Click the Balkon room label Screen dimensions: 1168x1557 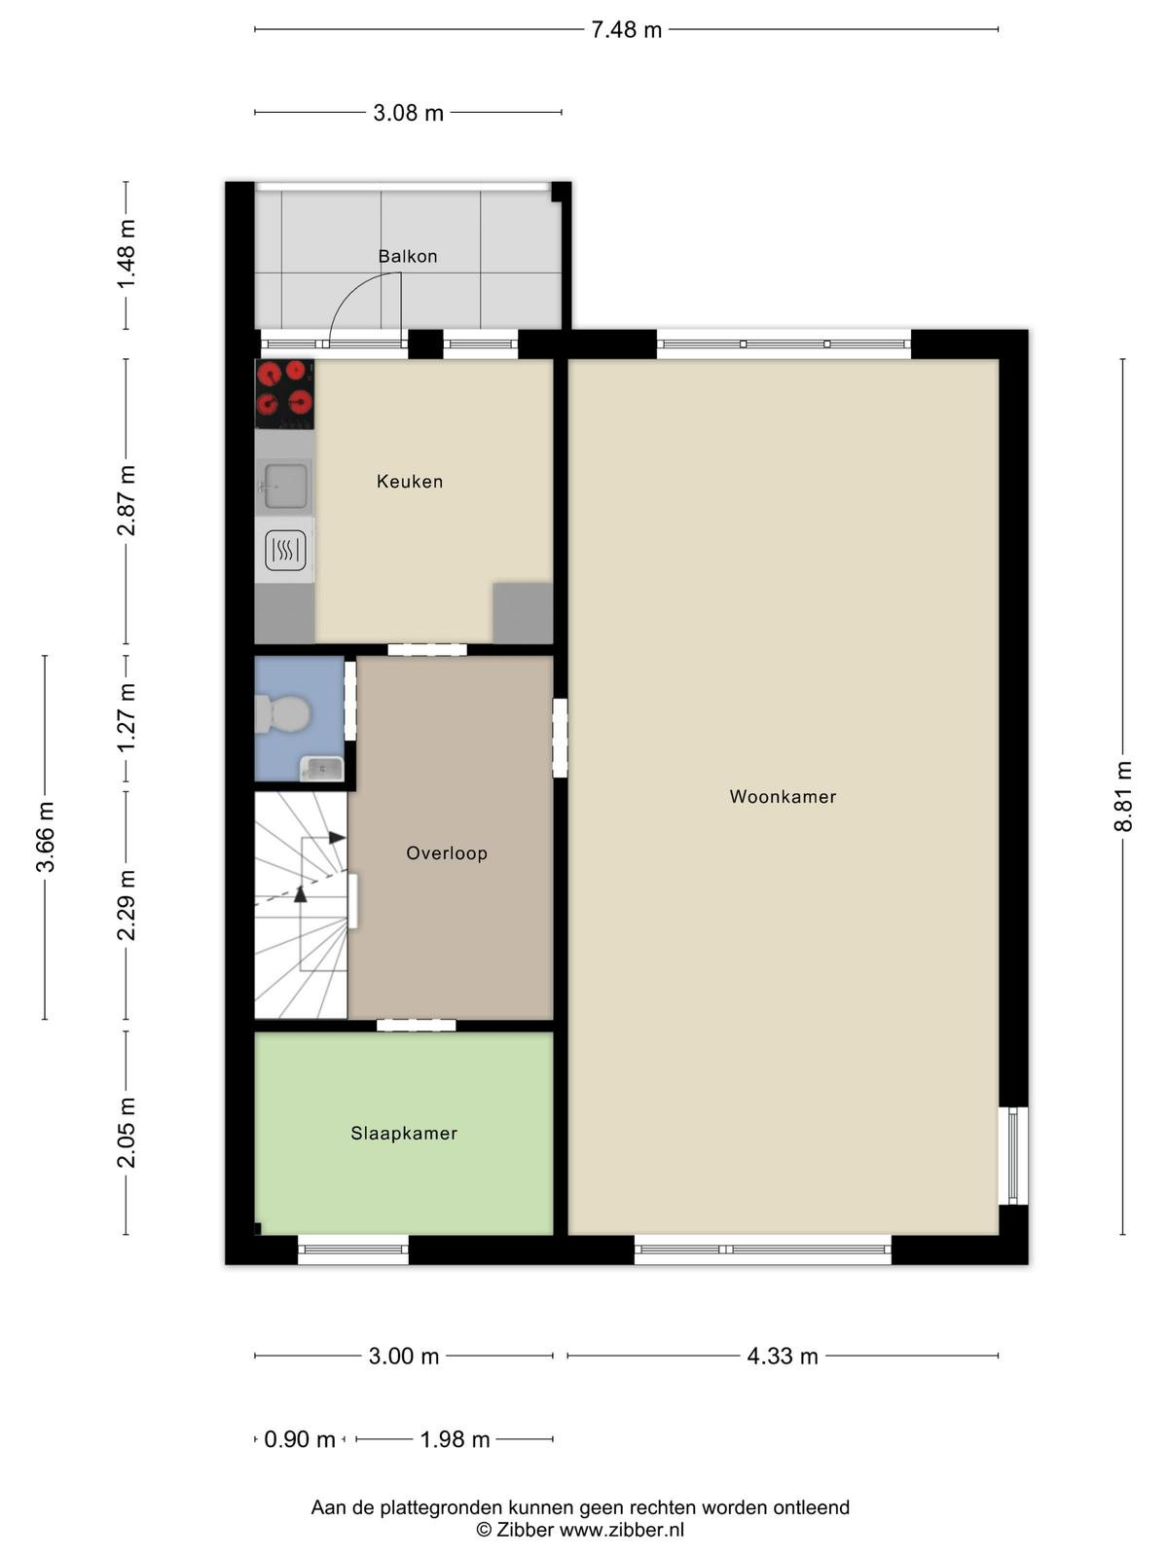coord(407,256)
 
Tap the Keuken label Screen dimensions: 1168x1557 coord(409,482)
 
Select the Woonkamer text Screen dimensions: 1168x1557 coord(783,797)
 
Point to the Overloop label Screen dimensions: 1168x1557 coord(447,853)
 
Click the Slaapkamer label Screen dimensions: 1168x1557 coord(404,1134)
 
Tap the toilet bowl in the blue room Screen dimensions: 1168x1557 coord(283,713)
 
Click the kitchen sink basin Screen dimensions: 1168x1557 coord(286,486)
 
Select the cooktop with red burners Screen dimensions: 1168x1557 coord(284,394)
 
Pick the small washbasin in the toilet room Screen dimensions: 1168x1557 coord(322,768)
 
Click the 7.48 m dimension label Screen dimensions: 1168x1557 coord(626,30)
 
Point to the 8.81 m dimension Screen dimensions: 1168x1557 coord(1122,796)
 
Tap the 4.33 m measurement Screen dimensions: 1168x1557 coord(783,1357)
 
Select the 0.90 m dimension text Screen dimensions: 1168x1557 coord(299,1439)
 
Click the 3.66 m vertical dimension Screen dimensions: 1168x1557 coord(45,836)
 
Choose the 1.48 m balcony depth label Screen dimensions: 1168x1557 coord(127,254)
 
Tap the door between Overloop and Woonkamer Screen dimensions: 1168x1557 coord(560,738)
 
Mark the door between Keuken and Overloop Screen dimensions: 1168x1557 coord(427,649)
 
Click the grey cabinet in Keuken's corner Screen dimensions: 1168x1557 coord(523,613)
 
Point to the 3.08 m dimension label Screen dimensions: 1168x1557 coord(409,113)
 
